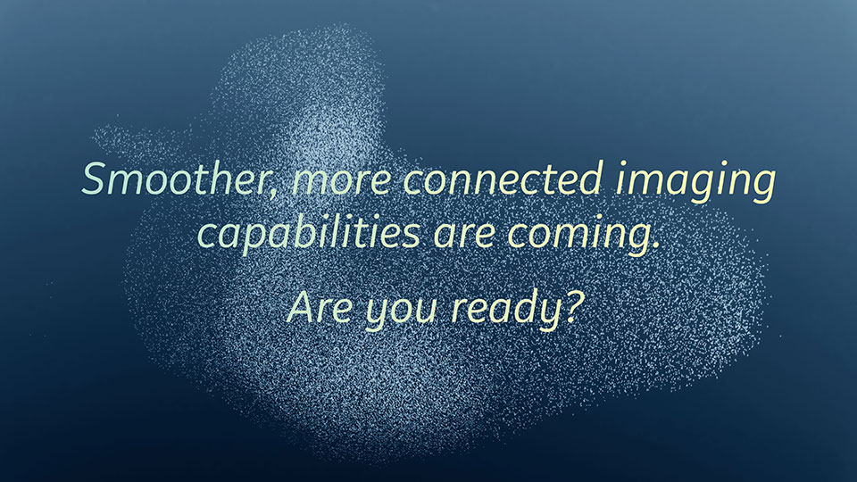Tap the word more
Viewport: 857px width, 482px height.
coord(342,181)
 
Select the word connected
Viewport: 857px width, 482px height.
coord(503,179)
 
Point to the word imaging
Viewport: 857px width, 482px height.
coord(695,182)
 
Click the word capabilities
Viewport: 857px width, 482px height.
coord(308,232)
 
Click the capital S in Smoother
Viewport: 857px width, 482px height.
coord(96,179)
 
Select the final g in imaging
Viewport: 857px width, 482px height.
coord(761,187)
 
